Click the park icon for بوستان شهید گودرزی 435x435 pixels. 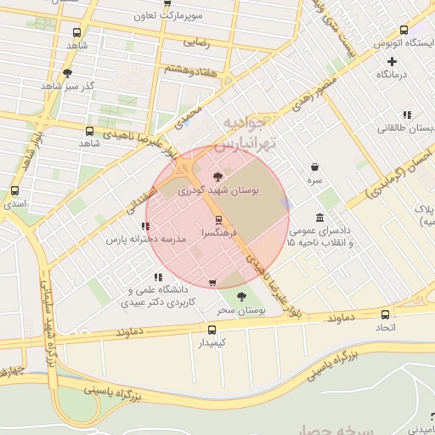pos(218,178)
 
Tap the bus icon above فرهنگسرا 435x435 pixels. pos(219,219)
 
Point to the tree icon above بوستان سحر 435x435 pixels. pos(242,297)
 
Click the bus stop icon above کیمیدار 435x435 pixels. pos(212,329)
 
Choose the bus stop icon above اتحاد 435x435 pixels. pos(387,314)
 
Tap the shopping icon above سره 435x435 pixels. pos(315,167)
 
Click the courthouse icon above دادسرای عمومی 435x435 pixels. pos(319,217)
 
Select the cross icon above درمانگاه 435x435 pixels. pos(392,61)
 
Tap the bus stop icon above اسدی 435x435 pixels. pos(14,191)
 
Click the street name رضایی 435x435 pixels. pos(196,41)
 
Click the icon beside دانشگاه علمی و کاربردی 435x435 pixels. pos(158,277)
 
